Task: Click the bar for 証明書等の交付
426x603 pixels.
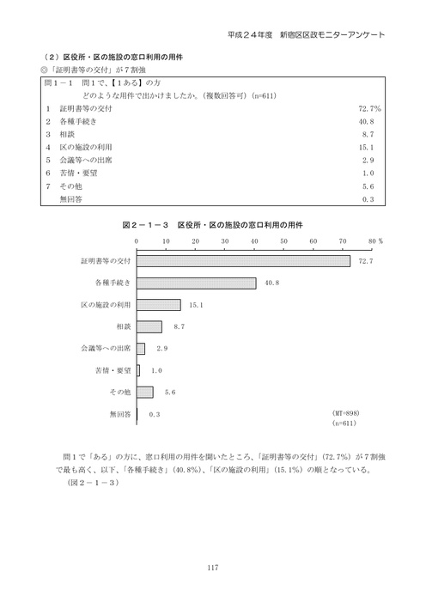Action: (243, 260)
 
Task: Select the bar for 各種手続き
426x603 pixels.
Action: (197, 283)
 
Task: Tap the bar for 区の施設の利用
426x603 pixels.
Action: (159, 305)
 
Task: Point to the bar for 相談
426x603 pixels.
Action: (149, 326)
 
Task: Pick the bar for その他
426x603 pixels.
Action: (145, 392)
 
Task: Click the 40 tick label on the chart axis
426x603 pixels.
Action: (254, 241)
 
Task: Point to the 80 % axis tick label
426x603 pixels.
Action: (374, 241)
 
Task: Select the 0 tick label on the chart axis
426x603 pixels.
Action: (137, 241)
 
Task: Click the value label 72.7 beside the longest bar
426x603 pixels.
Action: (365, 261)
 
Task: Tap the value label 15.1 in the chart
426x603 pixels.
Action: (196, 305)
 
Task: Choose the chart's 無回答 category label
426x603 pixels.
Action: (119, 414)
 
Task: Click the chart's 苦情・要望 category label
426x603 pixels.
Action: (112, 370)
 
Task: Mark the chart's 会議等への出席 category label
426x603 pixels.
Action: (106, 349)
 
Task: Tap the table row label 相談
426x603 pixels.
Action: (68, 134)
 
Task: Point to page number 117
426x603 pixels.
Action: (213, 564)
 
